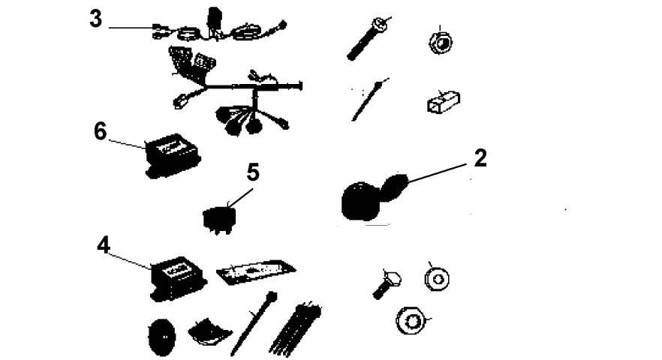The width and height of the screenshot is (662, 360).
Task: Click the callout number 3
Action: click(x=96, y=19)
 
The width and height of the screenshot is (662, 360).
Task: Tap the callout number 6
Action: click(x=101, y=131)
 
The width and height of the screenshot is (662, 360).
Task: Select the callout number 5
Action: click(x=253, y=172)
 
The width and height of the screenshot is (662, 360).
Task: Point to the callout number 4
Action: click(x=104, y=244)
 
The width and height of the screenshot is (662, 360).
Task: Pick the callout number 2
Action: click(x=480, y=158)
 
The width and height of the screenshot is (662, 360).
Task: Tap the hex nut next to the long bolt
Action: click(x=441, y=42)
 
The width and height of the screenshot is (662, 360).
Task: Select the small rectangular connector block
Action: click(x=444, y=102)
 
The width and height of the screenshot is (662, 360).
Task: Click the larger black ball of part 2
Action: click(x=360, y=202)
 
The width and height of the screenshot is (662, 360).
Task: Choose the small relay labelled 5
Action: click(x=218, y=218)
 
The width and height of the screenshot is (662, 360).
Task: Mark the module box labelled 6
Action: click(x=172, y=155)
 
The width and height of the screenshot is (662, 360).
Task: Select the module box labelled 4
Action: click(x=178, y=278)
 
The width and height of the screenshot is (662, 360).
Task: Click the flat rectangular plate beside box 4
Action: click(x=256, y=271)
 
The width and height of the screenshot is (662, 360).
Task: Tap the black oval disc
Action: click(x=161, y=337)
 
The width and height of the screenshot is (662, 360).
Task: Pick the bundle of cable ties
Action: click(x=296, y=328)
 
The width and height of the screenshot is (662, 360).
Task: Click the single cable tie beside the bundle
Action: click(x=254, y=322)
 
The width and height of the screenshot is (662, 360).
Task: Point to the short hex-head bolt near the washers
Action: click(x=387, y=283)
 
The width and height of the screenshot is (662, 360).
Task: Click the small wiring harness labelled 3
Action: click(x=219, y=28)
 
